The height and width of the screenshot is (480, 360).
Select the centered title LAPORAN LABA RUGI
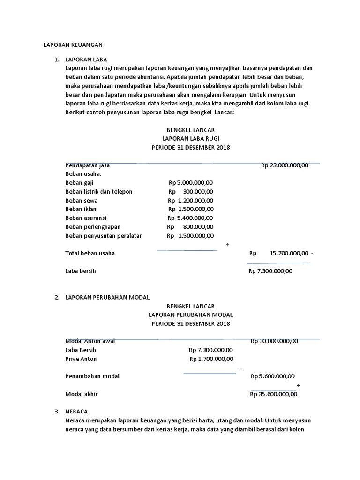[190, 139]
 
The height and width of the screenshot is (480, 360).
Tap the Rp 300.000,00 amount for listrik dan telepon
[191, 192]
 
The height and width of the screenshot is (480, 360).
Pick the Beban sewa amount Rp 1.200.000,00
[191, 201]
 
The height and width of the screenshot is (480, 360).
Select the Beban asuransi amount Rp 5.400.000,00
[191, 218]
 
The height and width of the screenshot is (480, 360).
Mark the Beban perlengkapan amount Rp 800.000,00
[191, 227]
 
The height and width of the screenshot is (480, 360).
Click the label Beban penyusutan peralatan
[104, 236]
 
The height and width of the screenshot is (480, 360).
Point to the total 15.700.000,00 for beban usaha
[289, 253]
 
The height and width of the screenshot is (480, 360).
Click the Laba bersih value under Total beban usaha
[270, 271]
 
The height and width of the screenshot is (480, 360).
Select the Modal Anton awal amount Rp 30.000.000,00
[274, 341]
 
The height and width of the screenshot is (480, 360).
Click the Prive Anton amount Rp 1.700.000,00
[211, 359]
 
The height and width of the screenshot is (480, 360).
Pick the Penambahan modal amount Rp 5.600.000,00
[273, 376]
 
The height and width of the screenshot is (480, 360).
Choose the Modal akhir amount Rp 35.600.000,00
[274, 394]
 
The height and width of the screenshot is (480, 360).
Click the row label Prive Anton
[81, 359]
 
